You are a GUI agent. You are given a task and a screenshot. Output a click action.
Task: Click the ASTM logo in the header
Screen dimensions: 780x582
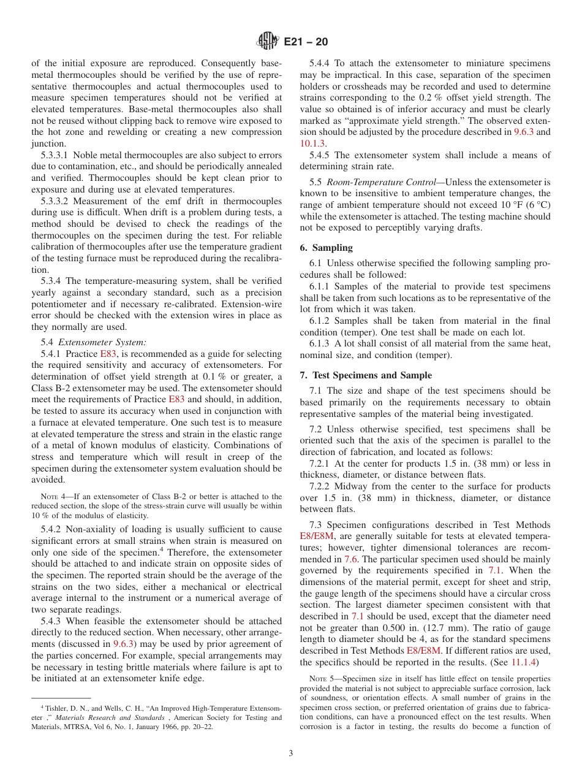(267, 42)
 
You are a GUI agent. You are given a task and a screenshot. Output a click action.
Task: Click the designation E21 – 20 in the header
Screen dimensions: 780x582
(306, 42)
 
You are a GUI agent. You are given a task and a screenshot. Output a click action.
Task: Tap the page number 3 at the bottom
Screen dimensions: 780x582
(291, 754)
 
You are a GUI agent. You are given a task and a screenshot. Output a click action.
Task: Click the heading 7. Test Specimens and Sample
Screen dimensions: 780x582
(366, 375)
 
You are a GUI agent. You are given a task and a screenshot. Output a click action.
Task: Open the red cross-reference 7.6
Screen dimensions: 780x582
(351, 559)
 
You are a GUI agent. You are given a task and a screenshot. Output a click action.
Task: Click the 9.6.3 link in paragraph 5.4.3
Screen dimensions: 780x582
(124, 644)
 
